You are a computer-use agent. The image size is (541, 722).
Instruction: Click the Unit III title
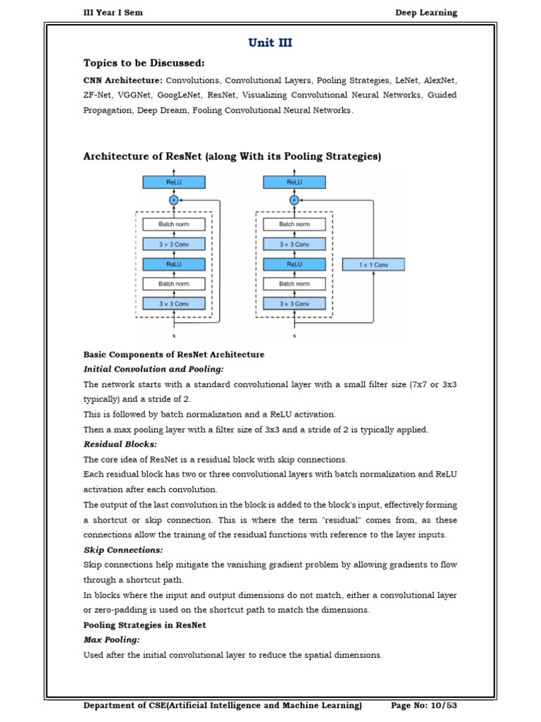[270, 43]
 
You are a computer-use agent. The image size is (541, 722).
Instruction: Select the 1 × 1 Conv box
[373, 264]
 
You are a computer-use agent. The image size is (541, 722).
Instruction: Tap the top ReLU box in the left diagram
[174, 182]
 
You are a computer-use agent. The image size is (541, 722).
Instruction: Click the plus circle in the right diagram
[294, 200]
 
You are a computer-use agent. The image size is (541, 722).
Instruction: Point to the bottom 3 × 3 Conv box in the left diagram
[174, 303]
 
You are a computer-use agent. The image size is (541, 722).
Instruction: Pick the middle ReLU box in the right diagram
[294, 264]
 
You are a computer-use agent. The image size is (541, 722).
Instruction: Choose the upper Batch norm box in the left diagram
[174, 224]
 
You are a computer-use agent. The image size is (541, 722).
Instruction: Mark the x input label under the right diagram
[294, 335]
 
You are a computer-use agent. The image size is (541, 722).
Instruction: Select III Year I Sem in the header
[113, 13]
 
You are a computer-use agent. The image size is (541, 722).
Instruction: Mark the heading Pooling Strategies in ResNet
[144, 625]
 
